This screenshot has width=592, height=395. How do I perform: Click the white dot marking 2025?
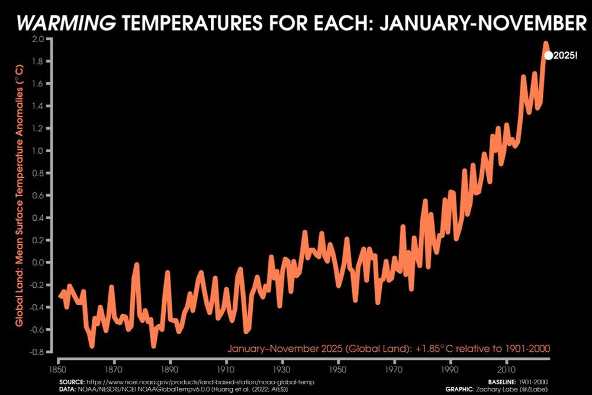tap(548, 56)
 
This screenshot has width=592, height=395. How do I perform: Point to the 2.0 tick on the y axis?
tap(38, 39)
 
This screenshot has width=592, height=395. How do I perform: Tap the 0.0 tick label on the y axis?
tap(38, 262)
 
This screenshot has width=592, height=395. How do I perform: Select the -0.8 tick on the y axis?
tap(37, 352)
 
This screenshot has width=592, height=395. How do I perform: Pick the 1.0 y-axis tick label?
tap(38, 151)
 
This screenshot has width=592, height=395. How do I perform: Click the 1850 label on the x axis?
tap(59, 369)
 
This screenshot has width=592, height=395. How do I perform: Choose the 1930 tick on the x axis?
tap(282, 369)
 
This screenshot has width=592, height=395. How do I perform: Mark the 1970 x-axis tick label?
tap(395, 369)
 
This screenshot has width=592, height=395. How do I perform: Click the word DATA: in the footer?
tap(67, 388)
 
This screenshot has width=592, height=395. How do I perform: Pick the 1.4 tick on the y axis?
tap(38, 106)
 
